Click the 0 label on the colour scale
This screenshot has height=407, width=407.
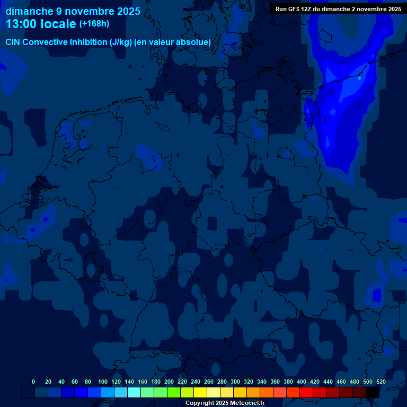pyautogui.click(x=33, y=382)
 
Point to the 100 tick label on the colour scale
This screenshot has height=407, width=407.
pyautogui.click(x=103, y=382)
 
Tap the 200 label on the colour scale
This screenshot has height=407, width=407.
pyautogui.click(x=169, y=382)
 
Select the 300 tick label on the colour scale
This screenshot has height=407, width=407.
pyautogui.click(x=235, y=382)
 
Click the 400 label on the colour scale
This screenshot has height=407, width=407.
pyautogui.click(x=302, y=382)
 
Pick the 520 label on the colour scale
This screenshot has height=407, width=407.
pyautogui.click(x=381, y=382)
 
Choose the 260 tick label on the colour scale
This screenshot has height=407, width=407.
pyautogui.click(x=209, y=382)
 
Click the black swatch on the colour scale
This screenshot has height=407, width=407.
pyautogui.click(x=373, y=392)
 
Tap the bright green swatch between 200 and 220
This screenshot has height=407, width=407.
pyautogui.click(x=174, y=392)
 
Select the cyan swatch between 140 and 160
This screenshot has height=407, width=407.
pyautogui.click(x=134, y=392)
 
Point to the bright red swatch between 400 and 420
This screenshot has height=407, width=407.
pyautogui.click(x=306, y=392)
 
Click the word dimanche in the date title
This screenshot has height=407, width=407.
pyautogui.click(x=27, y=11)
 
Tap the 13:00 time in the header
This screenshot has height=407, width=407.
pyautogui.click(x=21, y=24)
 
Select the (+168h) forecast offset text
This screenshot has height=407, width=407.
pyautogui.click(x=94, y=24)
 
